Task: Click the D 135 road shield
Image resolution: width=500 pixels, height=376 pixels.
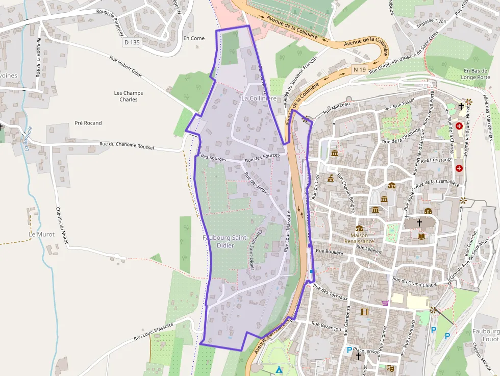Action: (132, 42)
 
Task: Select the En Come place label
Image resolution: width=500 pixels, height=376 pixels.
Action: (194, 38)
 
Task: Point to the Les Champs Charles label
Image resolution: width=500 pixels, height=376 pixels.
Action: (129, 96)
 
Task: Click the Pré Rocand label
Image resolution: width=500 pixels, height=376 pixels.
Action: (88, 123)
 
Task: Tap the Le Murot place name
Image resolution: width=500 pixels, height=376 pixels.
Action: (42, 234)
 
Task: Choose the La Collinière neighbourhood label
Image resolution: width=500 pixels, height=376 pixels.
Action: (259, 98)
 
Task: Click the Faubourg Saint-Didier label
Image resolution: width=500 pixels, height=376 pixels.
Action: (225, 242)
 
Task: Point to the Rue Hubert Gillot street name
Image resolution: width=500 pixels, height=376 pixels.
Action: (126, 67)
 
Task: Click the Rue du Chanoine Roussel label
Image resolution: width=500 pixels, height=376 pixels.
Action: (127, 146)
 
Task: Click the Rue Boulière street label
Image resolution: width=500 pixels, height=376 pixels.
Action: (329, 251)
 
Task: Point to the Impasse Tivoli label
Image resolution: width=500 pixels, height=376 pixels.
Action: (431, 22)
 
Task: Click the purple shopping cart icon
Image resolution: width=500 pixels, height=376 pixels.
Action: (385, 303)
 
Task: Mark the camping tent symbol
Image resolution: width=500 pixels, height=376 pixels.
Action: (279, 369)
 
